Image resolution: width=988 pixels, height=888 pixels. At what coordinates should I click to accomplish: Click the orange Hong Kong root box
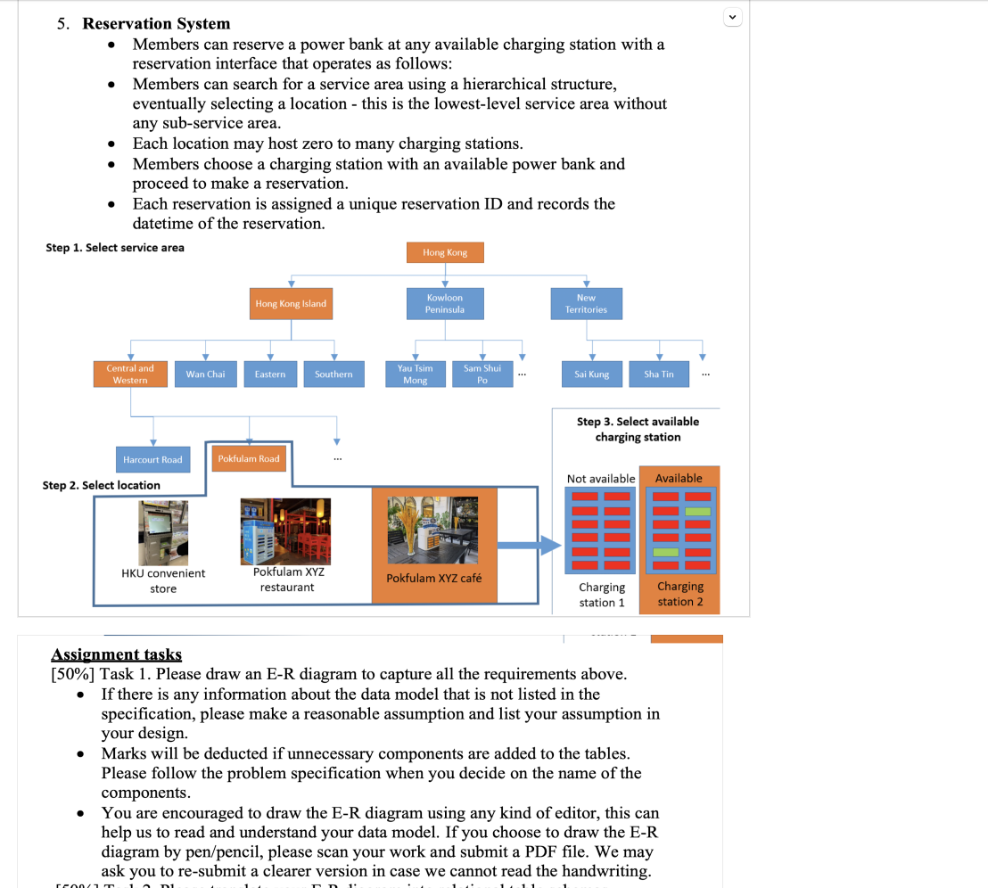click(445, 252)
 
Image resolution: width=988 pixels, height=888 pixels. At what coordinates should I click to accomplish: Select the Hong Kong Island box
click(291, 304)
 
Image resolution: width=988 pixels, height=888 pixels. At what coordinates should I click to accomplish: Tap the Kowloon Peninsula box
click(444, 303)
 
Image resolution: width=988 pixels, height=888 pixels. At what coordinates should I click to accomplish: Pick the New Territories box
click(586, 303)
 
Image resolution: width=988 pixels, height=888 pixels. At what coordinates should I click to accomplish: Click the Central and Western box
click(130, 374)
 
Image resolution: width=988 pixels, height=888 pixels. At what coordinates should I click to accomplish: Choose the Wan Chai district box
click(205, 374)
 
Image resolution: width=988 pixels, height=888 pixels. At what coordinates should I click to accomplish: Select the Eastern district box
click(270, 374)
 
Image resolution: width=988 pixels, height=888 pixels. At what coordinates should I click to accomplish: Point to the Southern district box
click(333, 374)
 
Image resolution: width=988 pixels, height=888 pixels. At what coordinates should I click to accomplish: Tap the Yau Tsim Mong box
click(415, 374)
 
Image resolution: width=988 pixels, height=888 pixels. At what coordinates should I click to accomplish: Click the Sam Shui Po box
click(482, 374)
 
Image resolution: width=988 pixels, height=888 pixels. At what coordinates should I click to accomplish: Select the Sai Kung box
click(592, 374)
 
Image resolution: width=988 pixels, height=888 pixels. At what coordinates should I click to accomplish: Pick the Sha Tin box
click(659, 374)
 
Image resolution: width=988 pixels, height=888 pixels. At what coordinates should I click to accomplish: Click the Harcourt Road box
click(152, 460)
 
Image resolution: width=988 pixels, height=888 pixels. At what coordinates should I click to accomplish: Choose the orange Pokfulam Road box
click(249, 459)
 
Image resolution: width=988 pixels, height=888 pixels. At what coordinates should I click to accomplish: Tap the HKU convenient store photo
click(163, 533)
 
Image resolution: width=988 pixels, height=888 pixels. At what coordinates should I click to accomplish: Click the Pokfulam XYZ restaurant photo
click(285, 531)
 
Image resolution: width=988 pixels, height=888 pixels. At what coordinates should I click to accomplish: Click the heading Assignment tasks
click(116, 655)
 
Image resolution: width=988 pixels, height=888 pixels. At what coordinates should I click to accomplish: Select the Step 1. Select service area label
click(115, 248)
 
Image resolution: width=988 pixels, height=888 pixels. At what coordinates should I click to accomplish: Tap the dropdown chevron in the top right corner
click(732, 16)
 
